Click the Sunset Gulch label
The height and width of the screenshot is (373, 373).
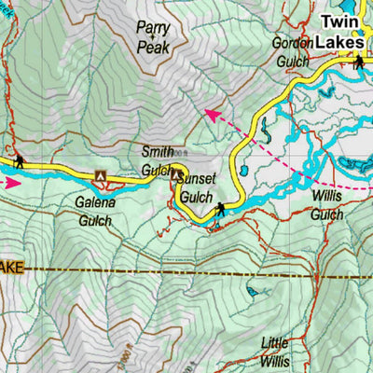click(197, 186)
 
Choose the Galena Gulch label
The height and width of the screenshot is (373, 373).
click(94, 211)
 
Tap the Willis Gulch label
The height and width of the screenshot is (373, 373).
click(327, 206)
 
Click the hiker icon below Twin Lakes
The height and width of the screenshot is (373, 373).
click(358, 62)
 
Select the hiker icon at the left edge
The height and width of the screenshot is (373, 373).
click(18, 162)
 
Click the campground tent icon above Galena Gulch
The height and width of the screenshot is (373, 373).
click(102, 174)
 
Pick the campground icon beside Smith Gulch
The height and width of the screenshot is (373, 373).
click(175, 173)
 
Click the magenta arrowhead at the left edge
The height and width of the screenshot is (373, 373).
click(11, 183)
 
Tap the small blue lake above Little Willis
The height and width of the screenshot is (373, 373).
click(253, 292)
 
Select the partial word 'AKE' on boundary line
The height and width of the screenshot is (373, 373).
click(10, 268)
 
